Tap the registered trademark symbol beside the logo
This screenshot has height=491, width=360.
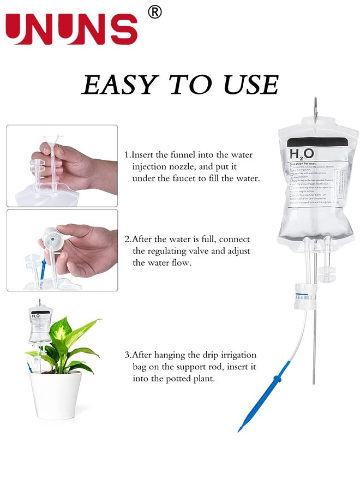155,12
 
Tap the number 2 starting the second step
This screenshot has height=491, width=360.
127,239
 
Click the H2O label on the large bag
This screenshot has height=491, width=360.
301,153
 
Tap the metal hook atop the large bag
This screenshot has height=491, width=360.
315,108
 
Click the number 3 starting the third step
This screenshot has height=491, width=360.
127,355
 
